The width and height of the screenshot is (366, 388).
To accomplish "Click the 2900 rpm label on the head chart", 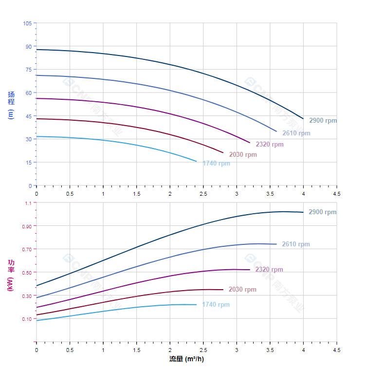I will pos(323,121).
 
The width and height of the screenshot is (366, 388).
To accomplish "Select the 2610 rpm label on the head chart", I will pos(296,133).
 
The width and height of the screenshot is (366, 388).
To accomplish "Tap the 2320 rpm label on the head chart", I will pos(270,145).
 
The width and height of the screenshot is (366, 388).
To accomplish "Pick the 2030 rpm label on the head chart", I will pos(243,155).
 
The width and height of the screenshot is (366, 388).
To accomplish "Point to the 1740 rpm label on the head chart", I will pos(216,164).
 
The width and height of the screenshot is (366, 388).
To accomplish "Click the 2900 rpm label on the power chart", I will pos(323,212).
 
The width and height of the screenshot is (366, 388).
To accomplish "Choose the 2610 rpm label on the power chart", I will pos(296,244).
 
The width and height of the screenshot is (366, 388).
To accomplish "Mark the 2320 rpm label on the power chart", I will pos(269,270).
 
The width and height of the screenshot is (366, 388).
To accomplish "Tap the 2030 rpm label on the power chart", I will pos(242,290).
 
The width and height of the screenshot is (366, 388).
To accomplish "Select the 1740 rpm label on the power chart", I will pos(216,305).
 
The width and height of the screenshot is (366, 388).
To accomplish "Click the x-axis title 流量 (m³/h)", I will pos(186,359).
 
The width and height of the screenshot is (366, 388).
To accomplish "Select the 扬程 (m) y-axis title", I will pos(11,105).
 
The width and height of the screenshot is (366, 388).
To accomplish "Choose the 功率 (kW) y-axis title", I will pos(11,275).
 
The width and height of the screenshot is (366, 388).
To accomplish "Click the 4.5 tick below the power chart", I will pos(337,350).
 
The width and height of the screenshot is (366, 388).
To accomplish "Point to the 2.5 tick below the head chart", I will pos(203,194).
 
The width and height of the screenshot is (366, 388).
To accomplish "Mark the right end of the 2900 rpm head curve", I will pos(303,119).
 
